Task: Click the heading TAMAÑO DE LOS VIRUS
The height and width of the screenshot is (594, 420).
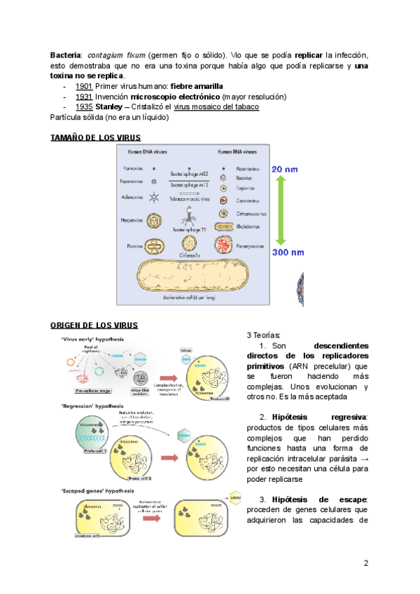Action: coord(95,137)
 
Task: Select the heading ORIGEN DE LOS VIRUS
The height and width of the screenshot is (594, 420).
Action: coord(95,325)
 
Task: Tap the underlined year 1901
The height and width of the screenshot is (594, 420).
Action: coord(83,86)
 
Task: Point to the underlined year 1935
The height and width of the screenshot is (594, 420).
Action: coord(83,106)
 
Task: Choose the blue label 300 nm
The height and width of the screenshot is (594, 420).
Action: coord(288,251)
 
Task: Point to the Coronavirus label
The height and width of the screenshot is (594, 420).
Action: coord(243,200)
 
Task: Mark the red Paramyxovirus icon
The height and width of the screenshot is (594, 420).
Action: coord(223,246)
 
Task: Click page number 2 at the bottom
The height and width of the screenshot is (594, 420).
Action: coord(365,562)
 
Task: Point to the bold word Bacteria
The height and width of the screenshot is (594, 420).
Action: coord(66,55)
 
